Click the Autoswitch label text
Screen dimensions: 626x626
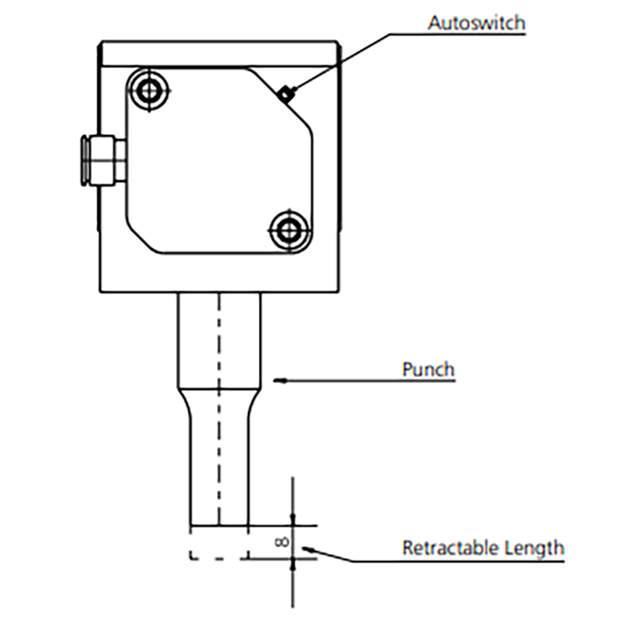point(477,23)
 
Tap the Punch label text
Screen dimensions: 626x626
point(428,369)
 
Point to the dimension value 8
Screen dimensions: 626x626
point(282,541)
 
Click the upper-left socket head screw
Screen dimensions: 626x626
point(149,91)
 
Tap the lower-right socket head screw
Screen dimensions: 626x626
point(288,230)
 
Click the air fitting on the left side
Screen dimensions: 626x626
point(103,161)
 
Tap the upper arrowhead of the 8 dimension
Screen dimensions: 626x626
point(293,519)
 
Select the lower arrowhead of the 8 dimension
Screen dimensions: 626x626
point(293,564)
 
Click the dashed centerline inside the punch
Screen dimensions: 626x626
point(219,409)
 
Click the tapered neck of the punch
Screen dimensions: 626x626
point(219,403)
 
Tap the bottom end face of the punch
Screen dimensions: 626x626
point(220,525)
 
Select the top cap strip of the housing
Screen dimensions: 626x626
point(220,53)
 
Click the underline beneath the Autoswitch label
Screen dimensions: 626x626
point(457,34)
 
